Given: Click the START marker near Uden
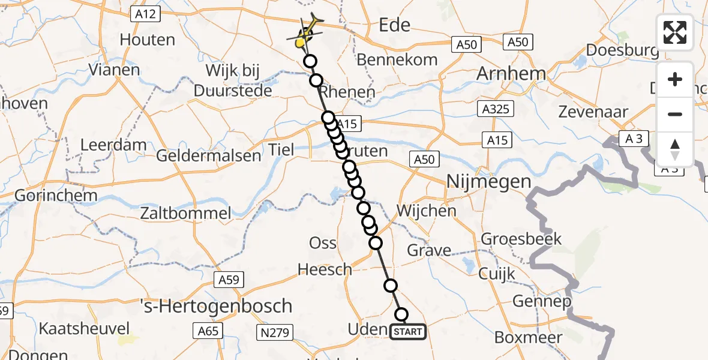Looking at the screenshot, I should coord(408,331).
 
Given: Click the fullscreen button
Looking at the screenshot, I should coord(675,32).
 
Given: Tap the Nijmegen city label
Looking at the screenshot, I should coord(488,181).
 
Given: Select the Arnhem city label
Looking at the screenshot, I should coord(511,74).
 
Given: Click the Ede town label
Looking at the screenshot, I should coord(395,25).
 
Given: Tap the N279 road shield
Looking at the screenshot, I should coord(274,330).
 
